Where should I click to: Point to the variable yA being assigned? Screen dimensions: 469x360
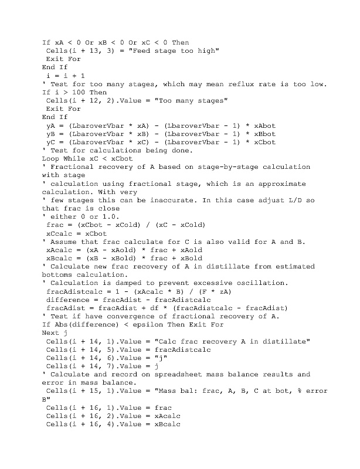point(50,125)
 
